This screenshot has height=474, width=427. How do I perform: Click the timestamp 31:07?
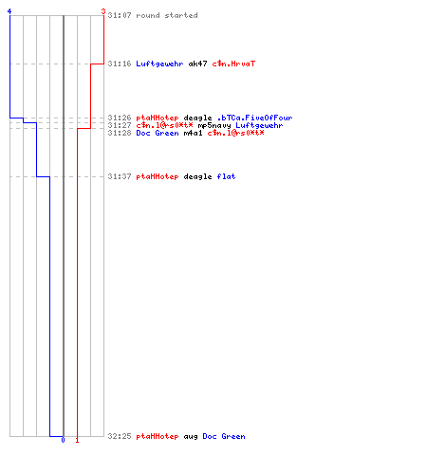(120, 15)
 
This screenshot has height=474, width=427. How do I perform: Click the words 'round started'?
(167, 15)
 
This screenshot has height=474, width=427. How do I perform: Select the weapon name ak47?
(197, 64)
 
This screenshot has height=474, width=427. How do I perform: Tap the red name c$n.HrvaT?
(233, 64)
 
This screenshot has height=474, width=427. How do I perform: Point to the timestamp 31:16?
(120, 64)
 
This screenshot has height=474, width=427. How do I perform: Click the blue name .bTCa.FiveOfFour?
(254, 118)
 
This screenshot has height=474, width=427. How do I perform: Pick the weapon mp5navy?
(214, 125)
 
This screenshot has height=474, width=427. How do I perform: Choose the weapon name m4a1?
(193, 133)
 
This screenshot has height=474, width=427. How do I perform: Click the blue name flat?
(226, 176)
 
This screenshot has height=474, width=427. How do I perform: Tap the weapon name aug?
(191, 436)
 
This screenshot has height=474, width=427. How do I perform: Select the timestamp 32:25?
(120, 436)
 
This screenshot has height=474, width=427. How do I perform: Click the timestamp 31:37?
(120, 176)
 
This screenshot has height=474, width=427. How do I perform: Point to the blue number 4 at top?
(9, 11)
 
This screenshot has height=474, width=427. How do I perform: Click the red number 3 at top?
(103, 11)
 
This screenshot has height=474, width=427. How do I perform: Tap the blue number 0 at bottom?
(63, 440)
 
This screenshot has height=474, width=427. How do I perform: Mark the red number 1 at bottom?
(77, 440)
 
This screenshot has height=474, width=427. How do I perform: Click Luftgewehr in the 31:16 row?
(159, 64)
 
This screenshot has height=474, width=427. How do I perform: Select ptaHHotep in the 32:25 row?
(158, 436)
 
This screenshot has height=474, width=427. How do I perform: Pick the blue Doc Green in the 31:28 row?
(158, 133)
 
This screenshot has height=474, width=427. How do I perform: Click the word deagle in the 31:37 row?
(197, 176)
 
